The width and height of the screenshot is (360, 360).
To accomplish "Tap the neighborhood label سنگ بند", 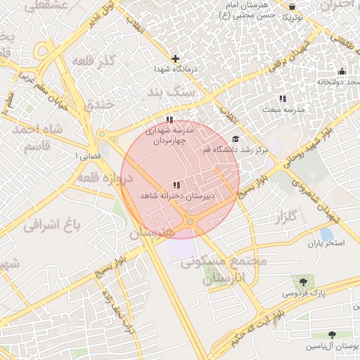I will point(168,92).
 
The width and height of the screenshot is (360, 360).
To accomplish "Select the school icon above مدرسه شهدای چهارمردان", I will point(169,119).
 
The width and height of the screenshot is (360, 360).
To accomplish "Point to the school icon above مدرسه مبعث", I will point(282,99).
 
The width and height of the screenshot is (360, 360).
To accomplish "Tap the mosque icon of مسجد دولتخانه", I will point(342,70).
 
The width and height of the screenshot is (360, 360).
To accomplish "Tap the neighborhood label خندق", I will point(99,105).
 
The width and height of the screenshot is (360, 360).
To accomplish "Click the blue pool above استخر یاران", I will point(326,233).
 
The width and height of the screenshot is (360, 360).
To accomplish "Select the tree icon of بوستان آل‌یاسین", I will point(332,335).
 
